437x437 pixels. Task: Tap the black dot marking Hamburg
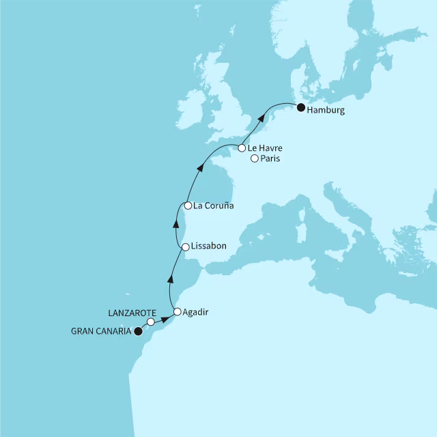pos(300,105)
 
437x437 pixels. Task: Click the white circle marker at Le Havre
pos(242,147)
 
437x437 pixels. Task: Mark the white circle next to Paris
pos(255,159)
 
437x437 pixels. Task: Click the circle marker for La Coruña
pos(187,205)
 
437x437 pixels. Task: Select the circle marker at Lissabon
pos(185,246)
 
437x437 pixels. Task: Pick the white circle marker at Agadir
pos(178,312)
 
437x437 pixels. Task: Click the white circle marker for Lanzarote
pos(151,322)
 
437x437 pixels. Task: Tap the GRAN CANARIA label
pos(101,333)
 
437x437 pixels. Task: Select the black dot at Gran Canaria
pos(137,332)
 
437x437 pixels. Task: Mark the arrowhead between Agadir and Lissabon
pos(170,278)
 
